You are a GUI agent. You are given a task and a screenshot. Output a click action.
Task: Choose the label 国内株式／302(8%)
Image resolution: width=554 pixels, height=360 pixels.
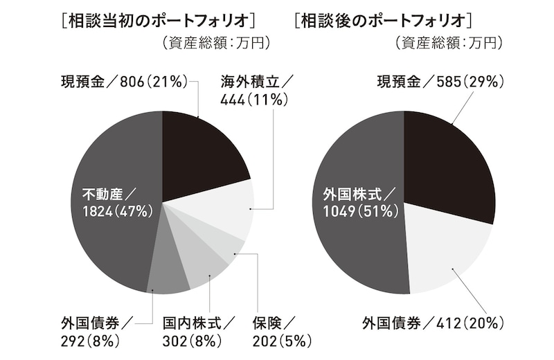click(x=198, y=332)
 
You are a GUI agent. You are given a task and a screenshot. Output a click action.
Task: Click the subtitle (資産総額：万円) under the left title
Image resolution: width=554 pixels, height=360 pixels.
click(x=215, y=43)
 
